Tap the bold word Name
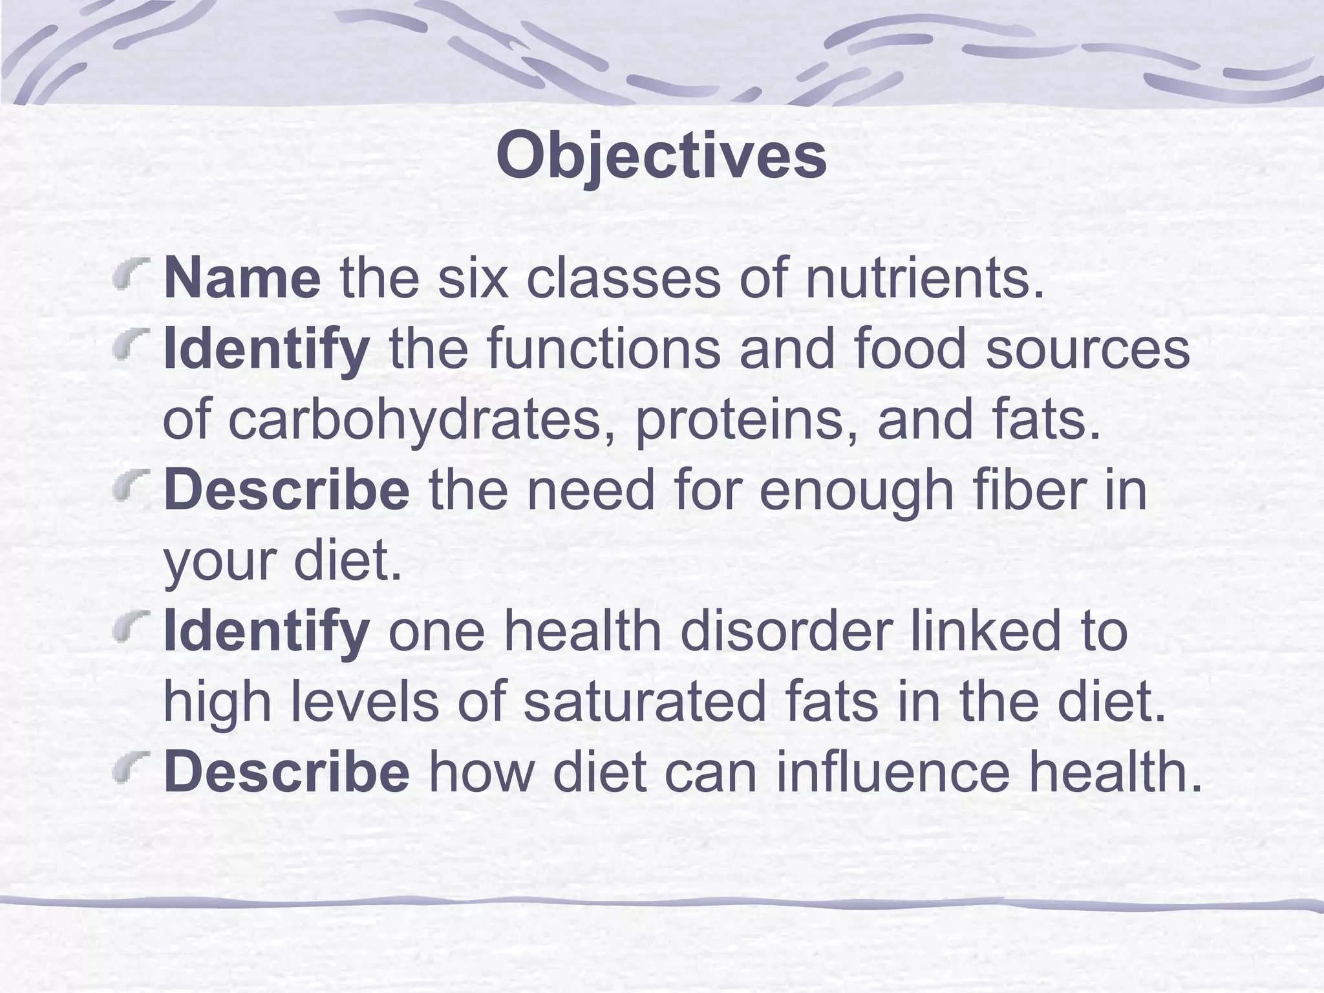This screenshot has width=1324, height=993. tap(242, 279)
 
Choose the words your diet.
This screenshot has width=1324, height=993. tap(283, 561)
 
